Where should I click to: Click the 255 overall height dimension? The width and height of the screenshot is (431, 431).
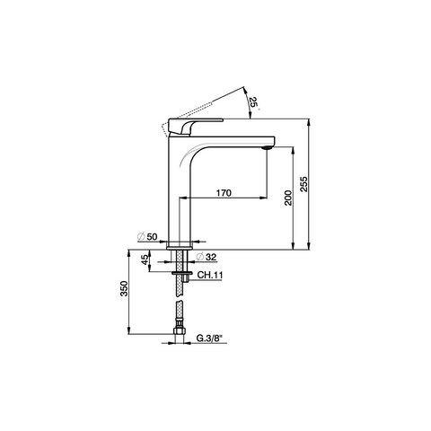303,184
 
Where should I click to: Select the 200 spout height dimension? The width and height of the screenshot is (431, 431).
288,198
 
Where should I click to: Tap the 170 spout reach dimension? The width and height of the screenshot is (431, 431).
224,193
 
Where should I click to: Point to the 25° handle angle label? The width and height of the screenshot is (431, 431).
254,102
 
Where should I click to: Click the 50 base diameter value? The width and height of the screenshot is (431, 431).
152,237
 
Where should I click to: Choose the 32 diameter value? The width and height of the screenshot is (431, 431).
211,257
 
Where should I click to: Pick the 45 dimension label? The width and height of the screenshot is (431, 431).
145,259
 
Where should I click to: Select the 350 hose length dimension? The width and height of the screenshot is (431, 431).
124,288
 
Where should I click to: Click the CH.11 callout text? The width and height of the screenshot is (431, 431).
210,275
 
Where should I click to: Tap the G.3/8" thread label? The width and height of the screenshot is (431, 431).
210,339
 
